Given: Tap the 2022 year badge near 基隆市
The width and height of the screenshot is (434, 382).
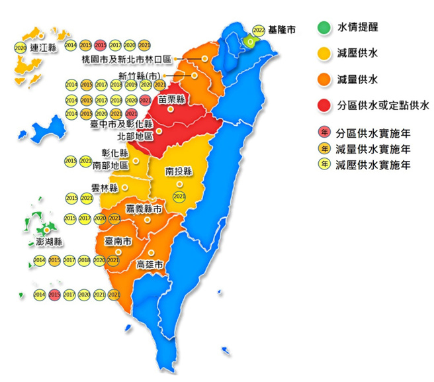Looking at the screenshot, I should click(x=259, y=30).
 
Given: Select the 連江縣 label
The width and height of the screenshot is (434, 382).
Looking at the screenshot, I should click(x=44, y=48).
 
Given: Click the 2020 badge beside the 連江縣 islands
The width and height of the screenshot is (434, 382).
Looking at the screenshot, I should click(x=20, y=48).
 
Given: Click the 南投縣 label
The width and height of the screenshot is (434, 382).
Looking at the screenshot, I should click(x=179, y=171).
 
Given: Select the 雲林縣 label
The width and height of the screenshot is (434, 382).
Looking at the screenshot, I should click(x=104, y=188).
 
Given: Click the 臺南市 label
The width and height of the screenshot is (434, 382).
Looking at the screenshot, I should click(x=118, y=241).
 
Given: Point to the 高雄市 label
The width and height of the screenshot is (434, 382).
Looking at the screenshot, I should click(x=150, y=265).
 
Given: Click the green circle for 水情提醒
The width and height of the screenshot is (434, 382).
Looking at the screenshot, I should click(x=323, y=28).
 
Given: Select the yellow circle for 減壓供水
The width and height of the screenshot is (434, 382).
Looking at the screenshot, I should click(x=323, y=54).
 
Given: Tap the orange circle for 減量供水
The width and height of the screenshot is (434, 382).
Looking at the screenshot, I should click(x=323, y=79).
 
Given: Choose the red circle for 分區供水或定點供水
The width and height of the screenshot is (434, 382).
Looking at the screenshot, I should click(x=323, y=105).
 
